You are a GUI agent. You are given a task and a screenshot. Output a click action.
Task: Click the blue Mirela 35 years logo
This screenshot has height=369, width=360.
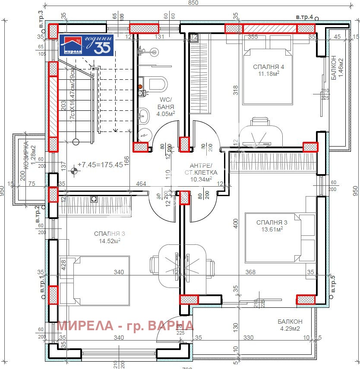pyautogui.click(x=86, y=45)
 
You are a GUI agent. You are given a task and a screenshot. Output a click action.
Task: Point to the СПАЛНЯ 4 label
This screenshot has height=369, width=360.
pyautogui.click(x=269, y=67)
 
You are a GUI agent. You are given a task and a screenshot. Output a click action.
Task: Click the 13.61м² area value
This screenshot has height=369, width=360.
pyautogui.click(x=272, y=230)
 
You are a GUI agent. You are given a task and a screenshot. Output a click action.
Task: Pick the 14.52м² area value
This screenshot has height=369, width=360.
pyautogui.click(x=110, y=241)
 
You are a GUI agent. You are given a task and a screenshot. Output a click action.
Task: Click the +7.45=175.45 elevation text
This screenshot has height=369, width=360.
pyautogui.click(x=100, y=165)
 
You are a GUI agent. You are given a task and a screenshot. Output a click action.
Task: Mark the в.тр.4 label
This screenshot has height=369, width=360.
pyautogui.click(x=304, y=17)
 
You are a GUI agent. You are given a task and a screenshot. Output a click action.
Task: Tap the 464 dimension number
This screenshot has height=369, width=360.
pyautogui.click(x=141, y=184)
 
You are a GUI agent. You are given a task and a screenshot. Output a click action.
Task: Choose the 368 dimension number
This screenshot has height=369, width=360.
pyautogui.click(x=250, y=272)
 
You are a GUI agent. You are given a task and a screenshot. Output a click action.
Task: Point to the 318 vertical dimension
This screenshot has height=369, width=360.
pyautogui.click(x=236, y=90)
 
